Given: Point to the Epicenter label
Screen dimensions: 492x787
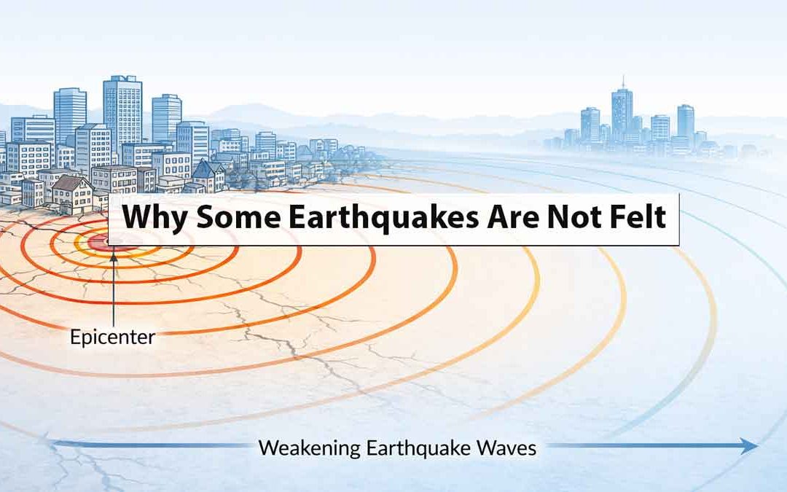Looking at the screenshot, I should coord(112,337).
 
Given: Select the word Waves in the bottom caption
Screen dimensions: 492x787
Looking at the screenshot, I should coord(507,447).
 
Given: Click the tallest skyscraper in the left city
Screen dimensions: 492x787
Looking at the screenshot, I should coord(122,109).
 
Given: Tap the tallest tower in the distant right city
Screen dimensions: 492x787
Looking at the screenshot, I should coord(622,113).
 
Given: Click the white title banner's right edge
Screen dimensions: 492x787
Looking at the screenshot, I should coord(679,219).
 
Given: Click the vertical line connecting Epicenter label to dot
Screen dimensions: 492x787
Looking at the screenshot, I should coord(114,292).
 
